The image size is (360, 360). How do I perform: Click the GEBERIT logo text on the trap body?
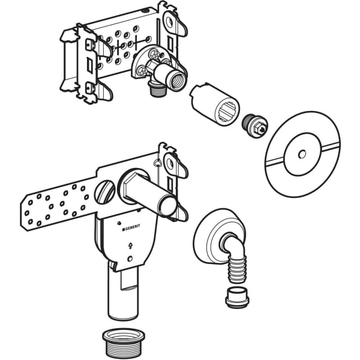pos(131,227)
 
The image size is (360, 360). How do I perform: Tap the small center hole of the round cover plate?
pos(302,154)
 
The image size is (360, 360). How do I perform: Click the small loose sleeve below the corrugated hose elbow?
pos(237,298)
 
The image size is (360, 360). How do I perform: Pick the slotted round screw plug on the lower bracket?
pos(105,191)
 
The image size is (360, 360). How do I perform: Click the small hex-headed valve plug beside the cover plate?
pos(254,126)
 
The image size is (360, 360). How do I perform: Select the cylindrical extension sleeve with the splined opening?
pos(214,104)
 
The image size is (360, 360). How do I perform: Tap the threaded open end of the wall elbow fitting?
pos(177,76)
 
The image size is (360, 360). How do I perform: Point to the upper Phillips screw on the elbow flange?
pos(153,55)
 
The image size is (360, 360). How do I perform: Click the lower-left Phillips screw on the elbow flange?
pos(142,70)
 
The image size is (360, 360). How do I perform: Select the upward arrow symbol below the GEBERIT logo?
pos(131,246)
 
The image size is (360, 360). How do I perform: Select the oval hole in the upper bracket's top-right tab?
pos(170,22)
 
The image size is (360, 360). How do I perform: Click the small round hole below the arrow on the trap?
pos(130,259)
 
